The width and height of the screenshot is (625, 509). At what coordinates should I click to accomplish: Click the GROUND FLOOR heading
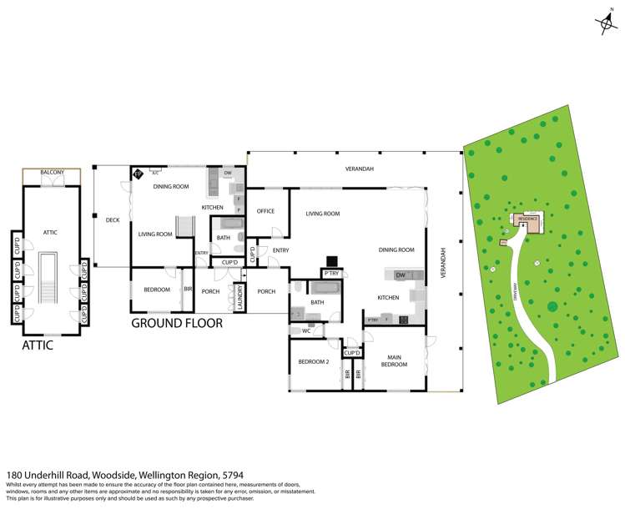(x=177, y=322)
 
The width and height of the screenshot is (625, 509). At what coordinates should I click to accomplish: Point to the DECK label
(x=113, y=220)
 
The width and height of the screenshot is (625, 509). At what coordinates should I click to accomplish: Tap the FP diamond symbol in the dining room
(x=138, y=174)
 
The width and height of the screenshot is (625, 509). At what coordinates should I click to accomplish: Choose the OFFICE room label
(x=266, y=211)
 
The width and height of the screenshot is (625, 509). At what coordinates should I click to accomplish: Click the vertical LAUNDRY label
(x=240, y=297)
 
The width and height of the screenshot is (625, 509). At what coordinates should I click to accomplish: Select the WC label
(x=306, y=331)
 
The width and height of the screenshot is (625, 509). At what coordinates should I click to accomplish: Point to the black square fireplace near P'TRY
(x=331, y=260)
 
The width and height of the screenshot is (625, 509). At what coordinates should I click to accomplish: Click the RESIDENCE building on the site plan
(x=527, y=221)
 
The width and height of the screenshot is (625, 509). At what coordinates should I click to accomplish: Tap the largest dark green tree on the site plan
(x=552, y=306)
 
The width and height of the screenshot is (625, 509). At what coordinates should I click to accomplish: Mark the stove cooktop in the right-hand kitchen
(x=404, y=320)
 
